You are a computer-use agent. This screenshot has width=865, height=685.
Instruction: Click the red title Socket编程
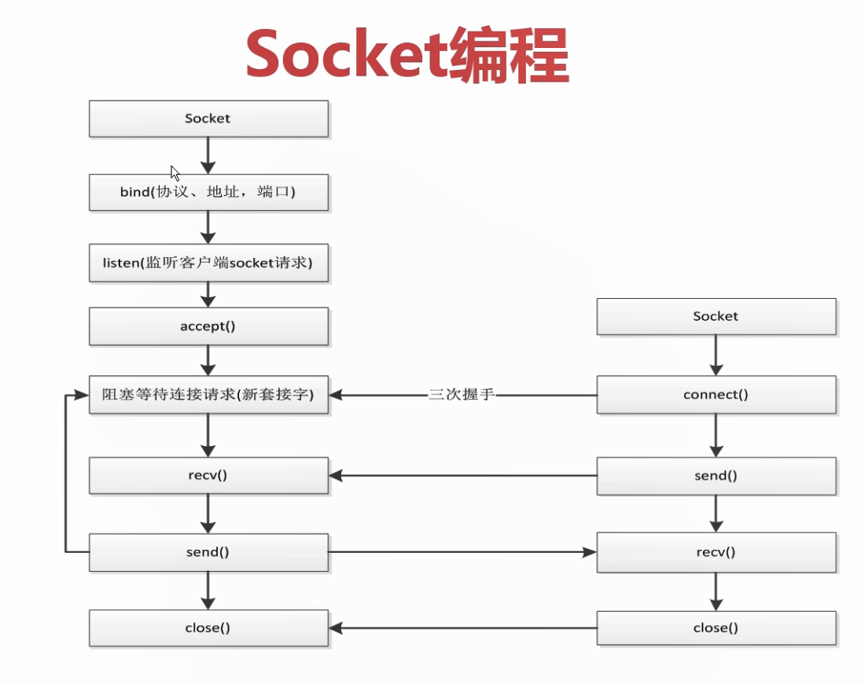pos(407,55)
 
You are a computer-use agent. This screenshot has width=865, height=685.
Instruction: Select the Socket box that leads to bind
pos(208,119)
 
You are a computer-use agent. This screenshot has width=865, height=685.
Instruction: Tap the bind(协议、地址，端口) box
pos(208,192)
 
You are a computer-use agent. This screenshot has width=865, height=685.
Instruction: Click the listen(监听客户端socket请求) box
pos(208,263)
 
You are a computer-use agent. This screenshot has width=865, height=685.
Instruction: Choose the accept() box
pos(208,326)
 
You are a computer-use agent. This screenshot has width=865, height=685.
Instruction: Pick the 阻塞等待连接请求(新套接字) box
pos(208,395)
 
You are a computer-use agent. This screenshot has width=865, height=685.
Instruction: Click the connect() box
pos(716,395)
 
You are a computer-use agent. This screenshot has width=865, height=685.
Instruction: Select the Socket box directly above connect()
pos(716,316)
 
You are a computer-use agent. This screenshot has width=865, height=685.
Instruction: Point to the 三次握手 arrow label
pos(462,395)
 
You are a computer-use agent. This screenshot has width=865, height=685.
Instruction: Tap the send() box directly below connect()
pos(716,476)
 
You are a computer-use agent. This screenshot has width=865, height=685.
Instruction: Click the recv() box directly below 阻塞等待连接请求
pos(208,476)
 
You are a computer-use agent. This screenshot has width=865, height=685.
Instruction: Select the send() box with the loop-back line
pos(208,552)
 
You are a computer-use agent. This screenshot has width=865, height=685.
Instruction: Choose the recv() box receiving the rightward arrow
pos(716,552)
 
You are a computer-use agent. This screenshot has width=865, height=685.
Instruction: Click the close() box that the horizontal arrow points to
pos(208,628)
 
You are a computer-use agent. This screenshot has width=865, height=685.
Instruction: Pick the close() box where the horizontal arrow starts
pos(716,628)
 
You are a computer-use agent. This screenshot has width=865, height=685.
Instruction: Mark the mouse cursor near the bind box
pos(175,173)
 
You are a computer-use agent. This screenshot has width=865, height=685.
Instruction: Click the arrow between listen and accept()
pos(208,294)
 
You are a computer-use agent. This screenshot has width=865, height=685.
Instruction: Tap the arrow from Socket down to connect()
pos(716,355)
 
